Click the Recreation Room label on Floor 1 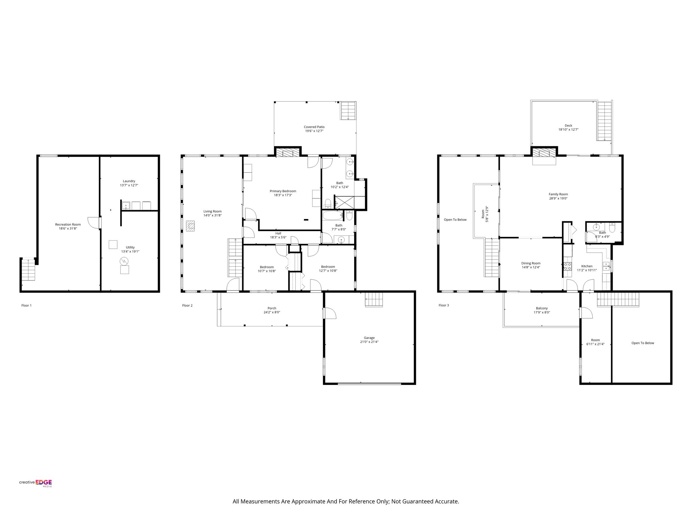[68, 224]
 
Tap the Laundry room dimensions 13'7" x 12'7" [129, 185]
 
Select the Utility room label [130, 247]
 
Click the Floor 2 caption [187, 305]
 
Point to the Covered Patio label [314, 127]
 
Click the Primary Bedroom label [283, 191]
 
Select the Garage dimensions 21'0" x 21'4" [369, 342]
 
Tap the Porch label [272, 308]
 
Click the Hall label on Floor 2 [278, 233]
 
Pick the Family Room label [558, 194]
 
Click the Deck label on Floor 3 [568, 126]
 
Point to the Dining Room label [531, 263]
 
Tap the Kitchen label [587, 266]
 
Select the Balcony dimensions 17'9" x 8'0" [542, 313]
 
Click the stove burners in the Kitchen [567, 266]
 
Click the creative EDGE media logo [35, 483]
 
